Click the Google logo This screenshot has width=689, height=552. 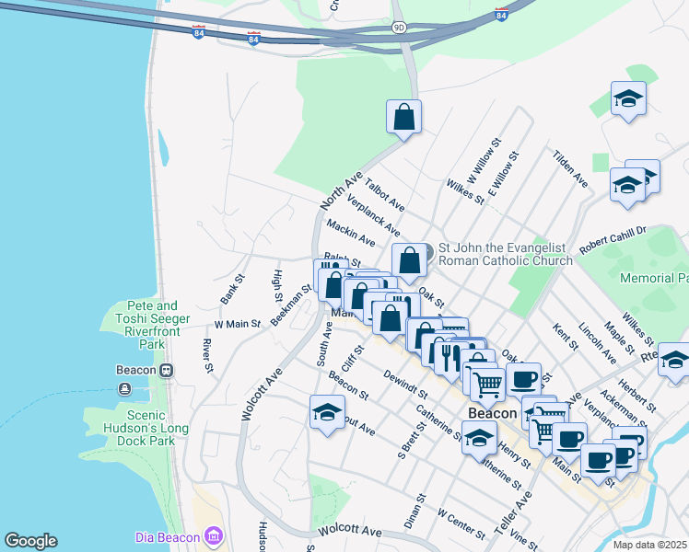tap(30, 541)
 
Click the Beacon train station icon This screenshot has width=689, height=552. tap(166, 370)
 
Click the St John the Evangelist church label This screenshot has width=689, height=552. tap(505, 253)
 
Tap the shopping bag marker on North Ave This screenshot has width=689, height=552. tap(403, 117)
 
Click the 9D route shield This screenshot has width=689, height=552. tap(398, 28)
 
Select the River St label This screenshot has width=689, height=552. tap(207, 356)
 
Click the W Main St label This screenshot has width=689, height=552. tap(238, 324)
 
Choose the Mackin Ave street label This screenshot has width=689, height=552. tap(350, 233)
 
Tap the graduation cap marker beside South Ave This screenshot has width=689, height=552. tap(326, 413)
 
